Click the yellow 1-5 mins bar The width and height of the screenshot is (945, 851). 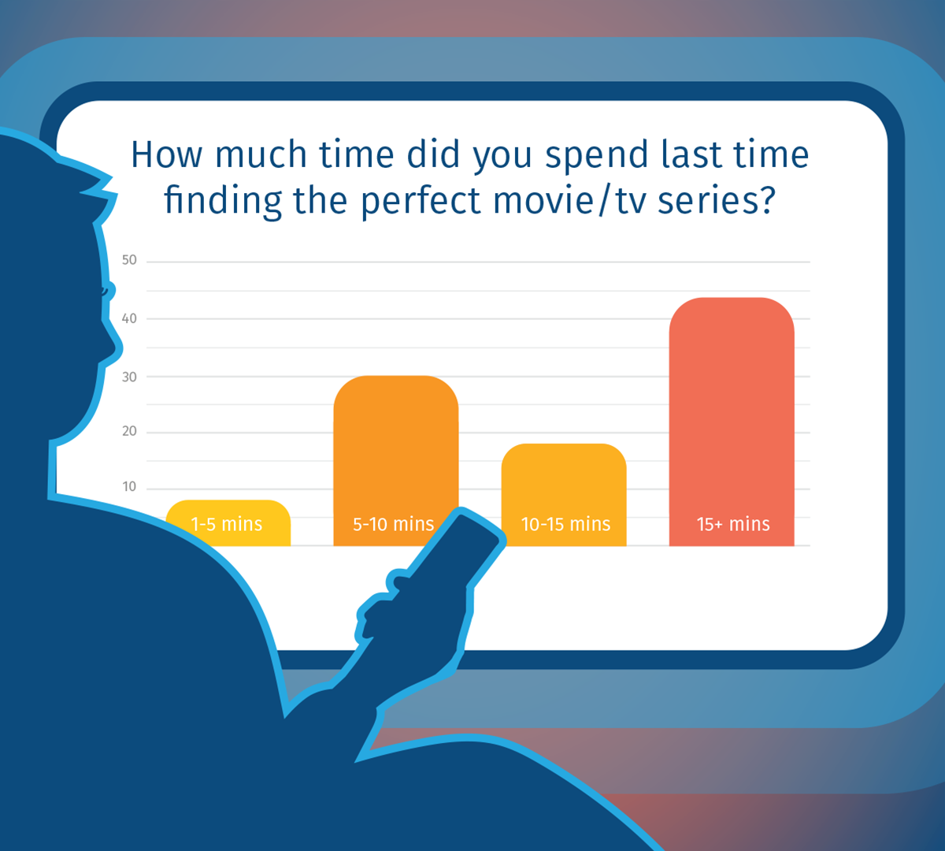228,522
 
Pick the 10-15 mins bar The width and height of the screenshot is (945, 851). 564,495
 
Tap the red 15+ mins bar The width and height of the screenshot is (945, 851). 732,422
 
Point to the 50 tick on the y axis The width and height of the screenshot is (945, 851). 129,260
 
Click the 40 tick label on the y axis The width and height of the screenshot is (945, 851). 129,318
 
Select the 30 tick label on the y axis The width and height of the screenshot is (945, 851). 129,377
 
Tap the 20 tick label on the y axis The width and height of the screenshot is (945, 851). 129,431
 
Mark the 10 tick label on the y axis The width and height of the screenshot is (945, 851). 129,486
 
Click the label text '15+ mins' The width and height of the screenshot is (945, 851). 733,524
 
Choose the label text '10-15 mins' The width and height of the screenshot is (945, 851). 565,524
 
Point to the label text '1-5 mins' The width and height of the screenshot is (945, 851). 227,524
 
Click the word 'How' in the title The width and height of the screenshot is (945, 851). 166,154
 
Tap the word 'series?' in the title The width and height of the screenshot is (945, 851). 716,201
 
